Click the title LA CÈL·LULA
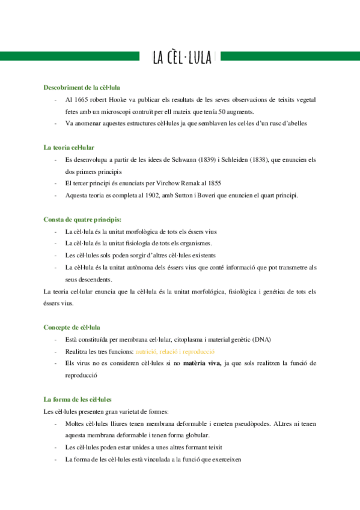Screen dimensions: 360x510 pyautogui.click(x=182, y=57)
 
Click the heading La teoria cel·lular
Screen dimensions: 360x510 pyautogui.click(x=69, y=147)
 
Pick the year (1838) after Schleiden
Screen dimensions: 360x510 pyautogui.click(x=257, y=159)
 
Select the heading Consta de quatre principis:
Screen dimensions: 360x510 pyautogui.click(x=82, y=220)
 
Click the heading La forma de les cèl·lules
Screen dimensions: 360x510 pyautogui.click(x=78, y=399)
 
